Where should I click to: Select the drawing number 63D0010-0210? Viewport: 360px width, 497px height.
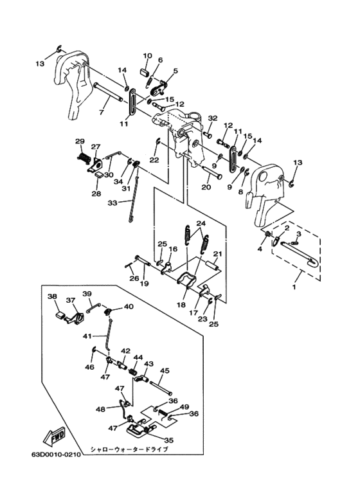[x=55, y=455]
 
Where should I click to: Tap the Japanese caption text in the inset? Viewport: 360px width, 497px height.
[x=129, y=449]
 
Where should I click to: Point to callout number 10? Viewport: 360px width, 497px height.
[x=147, y=56]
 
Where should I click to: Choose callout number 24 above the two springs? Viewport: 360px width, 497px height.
[x=201, y=224]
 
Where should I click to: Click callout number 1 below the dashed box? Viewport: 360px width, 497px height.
[x=294, y=287]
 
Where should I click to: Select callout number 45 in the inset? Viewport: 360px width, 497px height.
[x=165, y=370]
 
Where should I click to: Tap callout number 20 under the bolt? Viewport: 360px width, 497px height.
[x=206, y=188]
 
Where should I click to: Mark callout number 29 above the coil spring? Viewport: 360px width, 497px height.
[x=80, y=141]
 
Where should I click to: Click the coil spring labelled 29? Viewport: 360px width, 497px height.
[x=84, y=157]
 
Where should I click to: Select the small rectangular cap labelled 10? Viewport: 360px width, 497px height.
[x=145, y=71]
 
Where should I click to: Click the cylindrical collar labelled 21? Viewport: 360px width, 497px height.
[x=212, y=266]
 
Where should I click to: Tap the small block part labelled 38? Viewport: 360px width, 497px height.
[x=60, y=316]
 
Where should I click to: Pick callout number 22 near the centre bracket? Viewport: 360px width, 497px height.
[x=154, y=160]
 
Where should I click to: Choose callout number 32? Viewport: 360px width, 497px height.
[x=213, y=118]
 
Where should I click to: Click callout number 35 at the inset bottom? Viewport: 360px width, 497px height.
[x=169, y=440]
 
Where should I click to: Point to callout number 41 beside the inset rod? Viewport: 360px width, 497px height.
[x=87, y=335]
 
